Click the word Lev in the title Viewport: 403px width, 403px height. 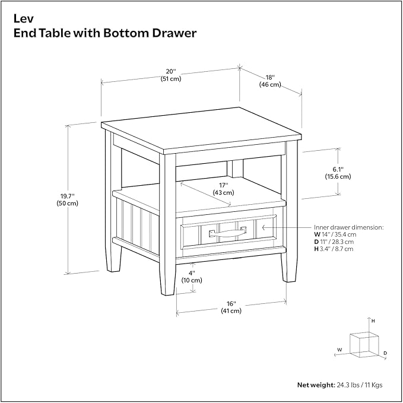[x=23, y=18]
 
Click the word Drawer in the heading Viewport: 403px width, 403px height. [x=174, y=33]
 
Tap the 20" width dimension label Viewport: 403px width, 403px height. [x=171, y=75]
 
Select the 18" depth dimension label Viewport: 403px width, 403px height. [x=270, y=81]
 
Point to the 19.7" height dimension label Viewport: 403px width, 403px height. [x=67, y=199]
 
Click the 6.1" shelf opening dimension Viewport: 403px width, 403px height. [x=338, y=173]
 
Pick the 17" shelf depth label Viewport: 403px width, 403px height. [x=223, y=189]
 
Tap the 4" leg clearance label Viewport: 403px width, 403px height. [x=192, y=277]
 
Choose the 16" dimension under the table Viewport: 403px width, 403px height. [x=231, y=307]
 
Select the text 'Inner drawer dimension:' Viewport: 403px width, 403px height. [x=349, y=227]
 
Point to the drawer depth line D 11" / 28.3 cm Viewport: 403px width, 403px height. [x=334, y=242]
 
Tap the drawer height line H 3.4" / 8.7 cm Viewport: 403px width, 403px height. [x=334, y=249]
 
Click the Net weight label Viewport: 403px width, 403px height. [x=316, y=385]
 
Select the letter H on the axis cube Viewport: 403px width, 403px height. [x=373, y=321]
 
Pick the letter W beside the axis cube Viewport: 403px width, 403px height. [x=339, y=350]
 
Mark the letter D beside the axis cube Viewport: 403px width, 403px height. [x=385, y=353]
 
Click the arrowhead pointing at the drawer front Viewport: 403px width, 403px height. [x=264, y=227]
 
